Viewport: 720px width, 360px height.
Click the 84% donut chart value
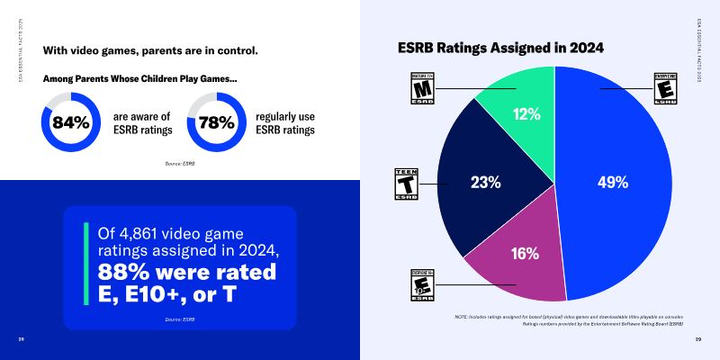pyautogui.click(x=71, y=123)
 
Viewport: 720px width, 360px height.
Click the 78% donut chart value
pyautogui.click(x=216, y=123)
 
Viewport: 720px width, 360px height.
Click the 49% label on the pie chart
pyautogui.click(x=612, y=183)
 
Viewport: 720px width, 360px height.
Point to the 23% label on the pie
pyautogui.click(x=486, y=183)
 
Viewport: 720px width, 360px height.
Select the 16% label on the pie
pyautogui.click(x=525, y=254)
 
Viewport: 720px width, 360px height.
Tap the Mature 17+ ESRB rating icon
pyautogui.click(x=423, y=87)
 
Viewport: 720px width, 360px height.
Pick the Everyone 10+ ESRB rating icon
pyautogui.click(x=422, y=285)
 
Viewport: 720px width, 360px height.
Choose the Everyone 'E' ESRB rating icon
pyautogui.click(x=665, y=89)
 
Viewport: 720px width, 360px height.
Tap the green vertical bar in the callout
pyautogui.click(x=87, y=262)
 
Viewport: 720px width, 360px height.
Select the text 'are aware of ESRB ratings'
pyautogui.click(x=142, y=123)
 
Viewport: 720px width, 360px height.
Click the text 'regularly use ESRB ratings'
pyautogui.click(x=285, y=123)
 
